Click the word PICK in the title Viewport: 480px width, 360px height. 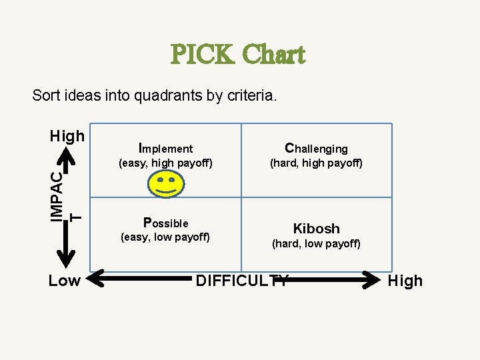201,55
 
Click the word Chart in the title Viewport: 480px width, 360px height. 274,55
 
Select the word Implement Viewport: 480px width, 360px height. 165,148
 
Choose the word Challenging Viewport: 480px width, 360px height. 316,148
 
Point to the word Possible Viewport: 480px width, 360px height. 165,222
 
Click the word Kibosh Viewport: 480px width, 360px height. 316,229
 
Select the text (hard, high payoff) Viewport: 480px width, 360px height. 316,163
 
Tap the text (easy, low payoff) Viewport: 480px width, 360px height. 165,237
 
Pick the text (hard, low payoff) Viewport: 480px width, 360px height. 316,244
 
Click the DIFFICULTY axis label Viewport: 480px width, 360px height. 242,281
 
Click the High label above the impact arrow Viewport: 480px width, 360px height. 67,136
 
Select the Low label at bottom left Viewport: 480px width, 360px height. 64,281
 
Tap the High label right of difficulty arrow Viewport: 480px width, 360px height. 405,281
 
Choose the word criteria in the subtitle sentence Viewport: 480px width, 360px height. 250,96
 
